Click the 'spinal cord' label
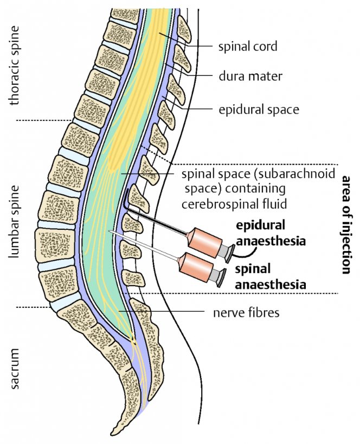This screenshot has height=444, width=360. coord(248,47)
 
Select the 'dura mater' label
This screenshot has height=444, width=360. coord(250,76)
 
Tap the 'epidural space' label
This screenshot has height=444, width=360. coord(259,110)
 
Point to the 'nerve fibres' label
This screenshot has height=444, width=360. coord(246,313)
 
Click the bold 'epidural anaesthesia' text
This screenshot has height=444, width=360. coord(271,233)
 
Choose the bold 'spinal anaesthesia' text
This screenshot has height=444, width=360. coord(271,277)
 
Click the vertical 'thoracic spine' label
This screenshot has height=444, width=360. coord(14,66)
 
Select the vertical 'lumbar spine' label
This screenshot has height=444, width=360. coord(14,222)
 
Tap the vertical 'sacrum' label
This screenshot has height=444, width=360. coord(14,369)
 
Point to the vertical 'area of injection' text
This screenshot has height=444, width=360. coord(346,225)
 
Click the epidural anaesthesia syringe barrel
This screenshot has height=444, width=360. coord(205,242)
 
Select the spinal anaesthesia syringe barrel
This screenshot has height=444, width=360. coord(196,267)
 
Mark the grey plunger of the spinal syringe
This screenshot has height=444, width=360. coord(218,277)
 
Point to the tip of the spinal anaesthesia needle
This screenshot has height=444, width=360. coord(110,231)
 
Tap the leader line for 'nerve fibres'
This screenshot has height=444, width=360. coord(162,311)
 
